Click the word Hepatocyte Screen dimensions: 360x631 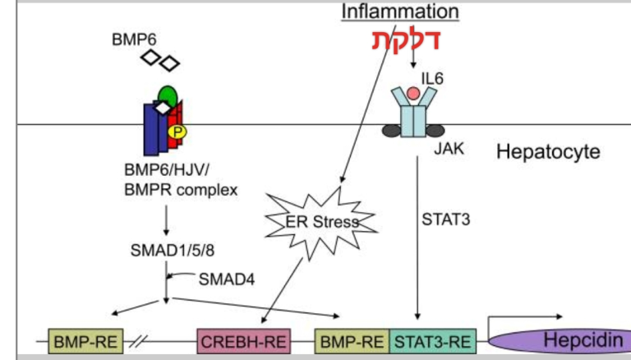548,151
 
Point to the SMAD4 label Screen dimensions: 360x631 223,279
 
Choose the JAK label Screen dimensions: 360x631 444,150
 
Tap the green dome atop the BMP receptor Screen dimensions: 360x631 167,95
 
